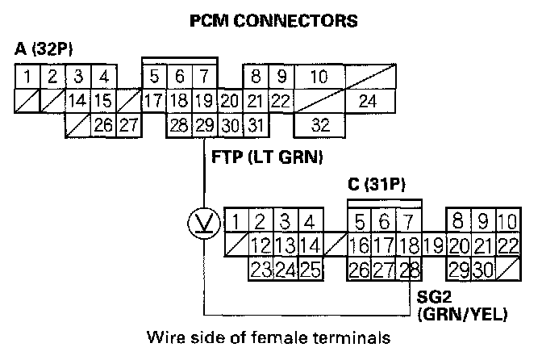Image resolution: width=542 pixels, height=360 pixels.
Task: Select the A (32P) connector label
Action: point(44,49)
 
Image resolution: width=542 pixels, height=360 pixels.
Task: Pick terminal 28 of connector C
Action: point(410,267)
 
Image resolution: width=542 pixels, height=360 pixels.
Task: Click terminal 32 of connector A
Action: point(319,125)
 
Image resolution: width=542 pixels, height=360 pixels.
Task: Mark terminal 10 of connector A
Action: point(319,78)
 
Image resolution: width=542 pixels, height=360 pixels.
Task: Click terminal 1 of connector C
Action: point(236,221)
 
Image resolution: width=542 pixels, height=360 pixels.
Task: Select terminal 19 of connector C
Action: point(433,244)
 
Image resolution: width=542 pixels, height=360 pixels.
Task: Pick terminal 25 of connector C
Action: point(311,267)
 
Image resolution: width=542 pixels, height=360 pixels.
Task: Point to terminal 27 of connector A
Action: point(127,125)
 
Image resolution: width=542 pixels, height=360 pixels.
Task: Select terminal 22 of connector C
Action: point(507,244)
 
